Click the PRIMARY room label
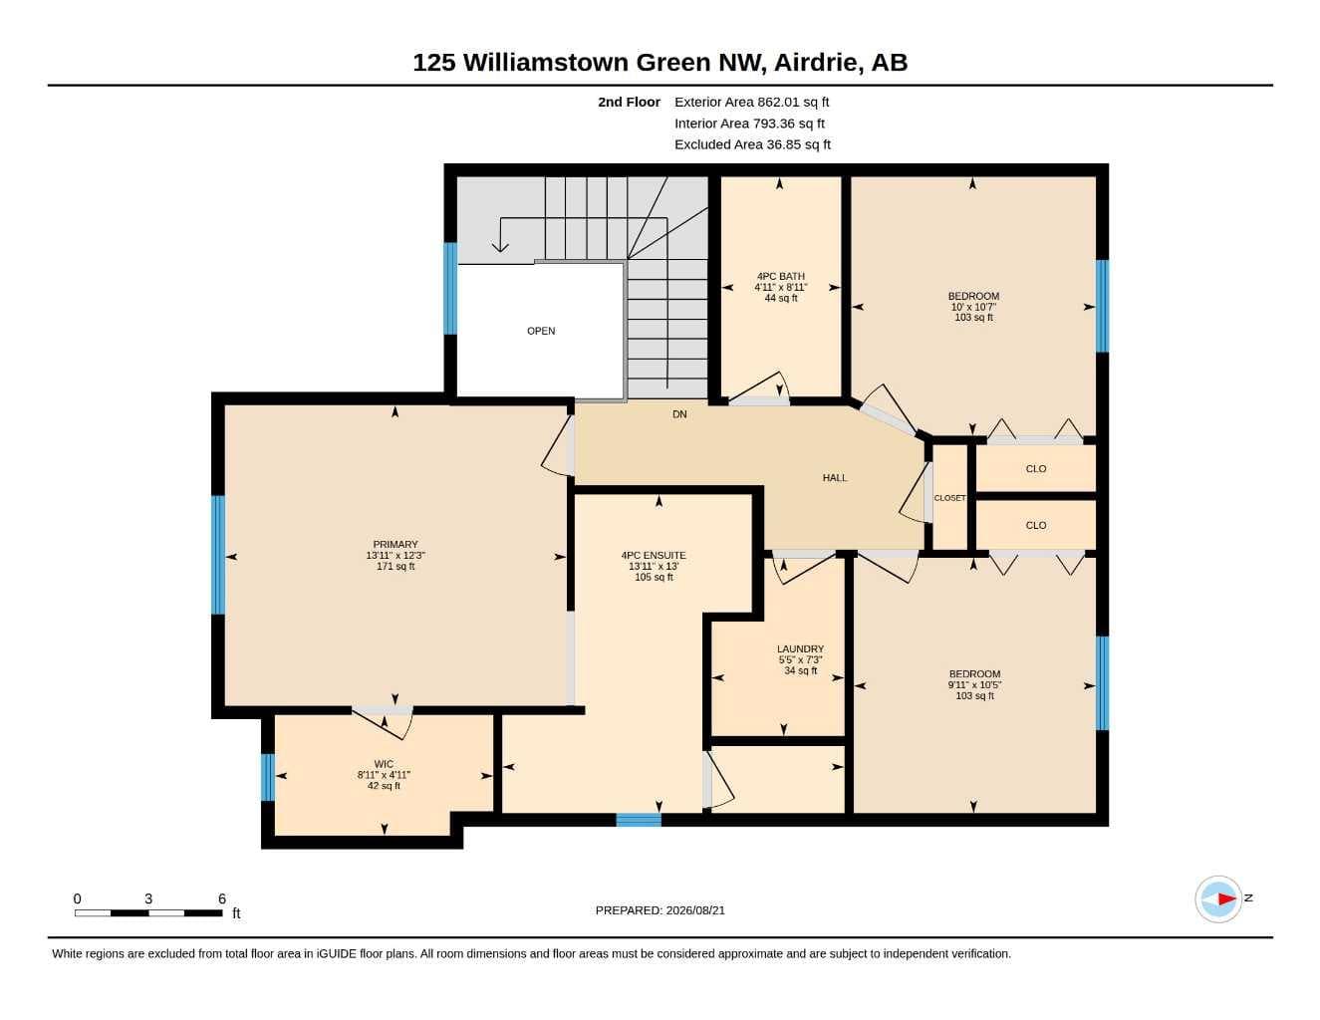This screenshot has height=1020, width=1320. (x=395, y=544)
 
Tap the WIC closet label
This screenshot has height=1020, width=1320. (x=384, y=764)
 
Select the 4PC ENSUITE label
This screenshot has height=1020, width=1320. (x=653, y=555)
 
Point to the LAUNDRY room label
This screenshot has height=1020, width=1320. (x=800, y=648)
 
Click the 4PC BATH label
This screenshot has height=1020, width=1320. (x=781, y=276)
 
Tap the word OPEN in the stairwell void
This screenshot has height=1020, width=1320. (x=541, y=331)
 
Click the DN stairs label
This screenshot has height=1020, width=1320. (x=679, y=414)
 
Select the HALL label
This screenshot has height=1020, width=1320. (x=834, y=478)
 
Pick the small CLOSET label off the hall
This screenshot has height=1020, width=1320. (x=949, y=498)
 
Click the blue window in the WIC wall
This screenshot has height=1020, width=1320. (x=267, y=777)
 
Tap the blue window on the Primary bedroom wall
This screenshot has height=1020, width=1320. (x=218, y=555)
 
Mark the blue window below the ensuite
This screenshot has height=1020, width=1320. (x=639, y=820)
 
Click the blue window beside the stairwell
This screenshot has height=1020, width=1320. (x=450, y=289)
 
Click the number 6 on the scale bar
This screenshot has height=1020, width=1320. (x=222, y=898)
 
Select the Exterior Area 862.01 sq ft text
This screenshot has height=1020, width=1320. (x=751, y=102)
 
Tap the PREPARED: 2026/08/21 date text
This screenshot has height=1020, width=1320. (x=660, y=910)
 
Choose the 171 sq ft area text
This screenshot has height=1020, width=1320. (x=396, y=566)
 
